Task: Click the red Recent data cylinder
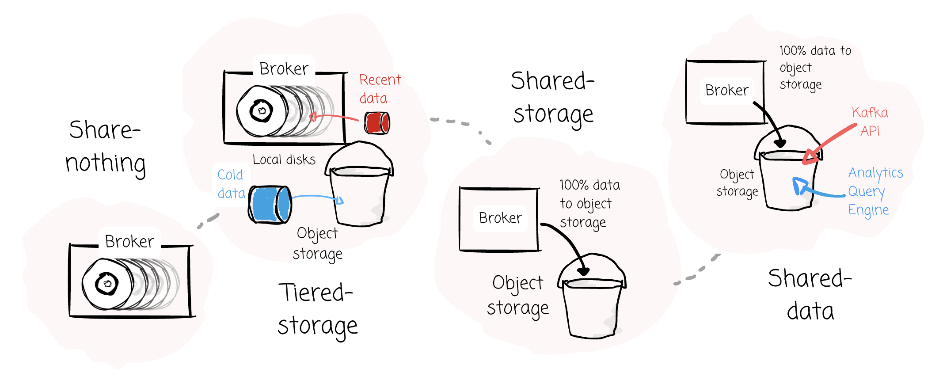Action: click(377, 123)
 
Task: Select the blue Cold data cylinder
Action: click(270, 205)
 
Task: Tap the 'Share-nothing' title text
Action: click(105, 147)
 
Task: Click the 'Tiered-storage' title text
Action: click(317, 309)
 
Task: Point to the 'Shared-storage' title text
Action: click(553, 98)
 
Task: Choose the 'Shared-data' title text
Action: click(810, 295)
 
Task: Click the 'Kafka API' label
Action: click(870, 122)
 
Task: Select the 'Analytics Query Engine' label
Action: click(875, 191)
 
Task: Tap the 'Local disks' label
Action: click(284, 160)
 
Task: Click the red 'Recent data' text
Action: click(380, 89)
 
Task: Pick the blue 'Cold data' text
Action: click(231, 184)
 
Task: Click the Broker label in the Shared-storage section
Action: click(500, 218)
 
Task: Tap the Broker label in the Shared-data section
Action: click(727, 90)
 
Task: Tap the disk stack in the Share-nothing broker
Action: click(128, 284)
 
